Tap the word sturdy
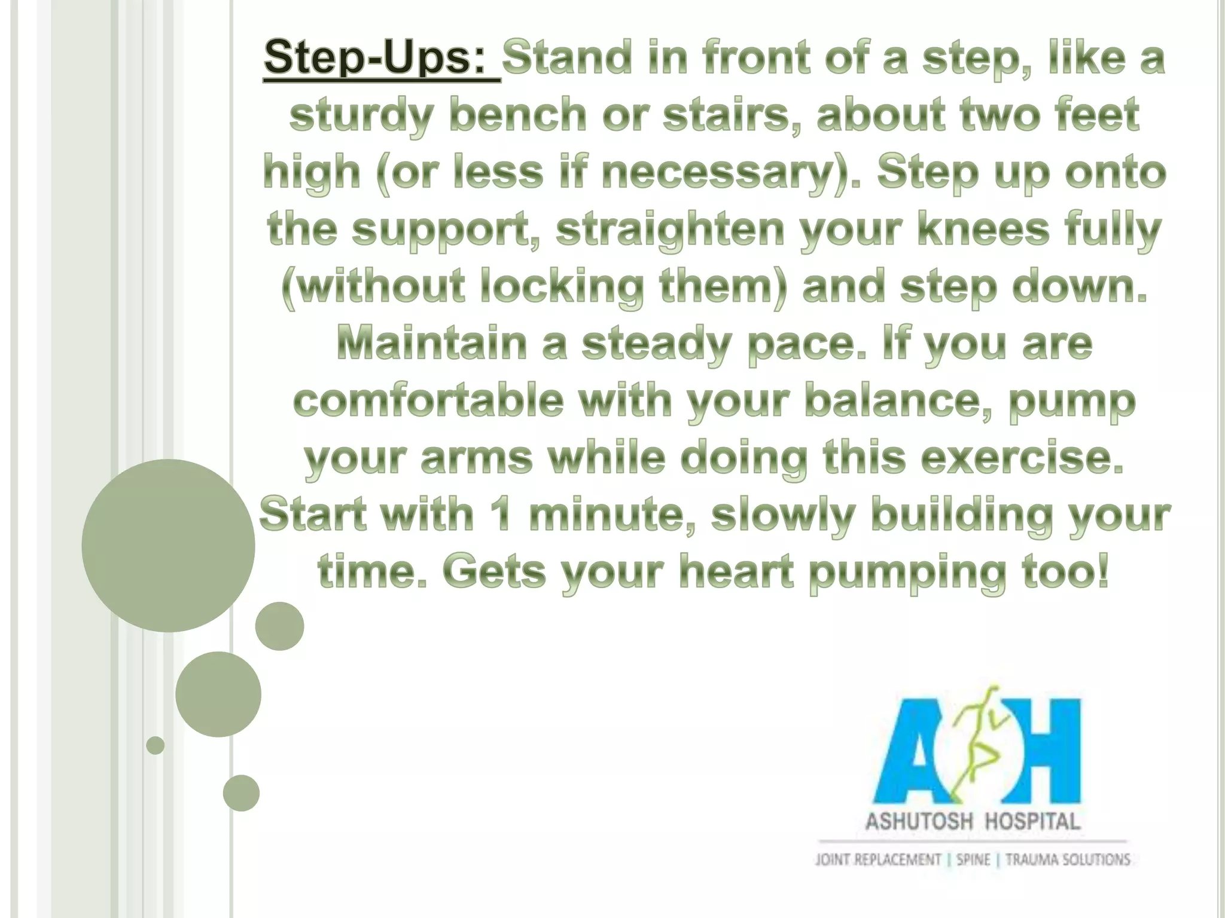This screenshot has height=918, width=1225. click(x=360, y=116)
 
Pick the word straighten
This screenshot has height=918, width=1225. click(x=670, y=230)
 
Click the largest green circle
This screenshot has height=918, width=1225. click(x=168, y=545)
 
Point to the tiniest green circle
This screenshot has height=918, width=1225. click(x=155, y=745)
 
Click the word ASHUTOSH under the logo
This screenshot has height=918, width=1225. click(x=919, y=821)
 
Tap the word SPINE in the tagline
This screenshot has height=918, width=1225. click(x=973, y=860)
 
